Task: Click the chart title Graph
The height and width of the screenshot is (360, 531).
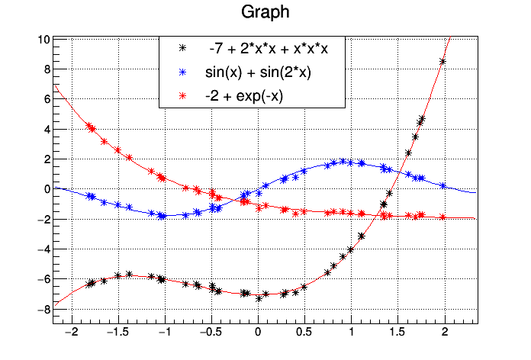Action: pyautogui.click(x=265, y=13)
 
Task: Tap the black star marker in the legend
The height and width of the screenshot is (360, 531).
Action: pyautogui.click(x=182, y=48)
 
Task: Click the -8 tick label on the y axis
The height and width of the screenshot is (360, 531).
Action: pyautogui.click(x=44, y=309)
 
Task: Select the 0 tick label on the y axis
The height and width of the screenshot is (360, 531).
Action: pyautogui.click(x=47, y=189)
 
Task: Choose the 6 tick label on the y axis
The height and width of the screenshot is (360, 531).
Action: pyautogui.click(x=47, y=99)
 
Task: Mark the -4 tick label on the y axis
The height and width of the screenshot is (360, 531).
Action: pyautogui.click(x=44, y=249)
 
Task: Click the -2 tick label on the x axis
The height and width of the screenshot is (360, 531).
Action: pyautogui.click(x=72, y=333)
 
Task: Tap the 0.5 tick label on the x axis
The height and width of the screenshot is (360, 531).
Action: pyautogui.click(x=304, y=333)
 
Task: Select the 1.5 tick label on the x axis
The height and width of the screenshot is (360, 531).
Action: pyautogui.click(x=397, y=333)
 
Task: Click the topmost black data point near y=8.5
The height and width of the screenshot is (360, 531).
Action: pyautogui.click(x=443, y=62)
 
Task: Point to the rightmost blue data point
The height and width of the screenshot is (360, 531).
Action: pyautogui.click(x=443, y=185)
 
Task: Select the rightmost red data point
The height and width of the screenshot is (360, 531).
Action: pyautogui.click(x=443, y=217)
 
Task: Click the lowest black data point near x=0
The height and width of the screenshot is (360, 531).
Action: pyautogui.click(x=259, y=299)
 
